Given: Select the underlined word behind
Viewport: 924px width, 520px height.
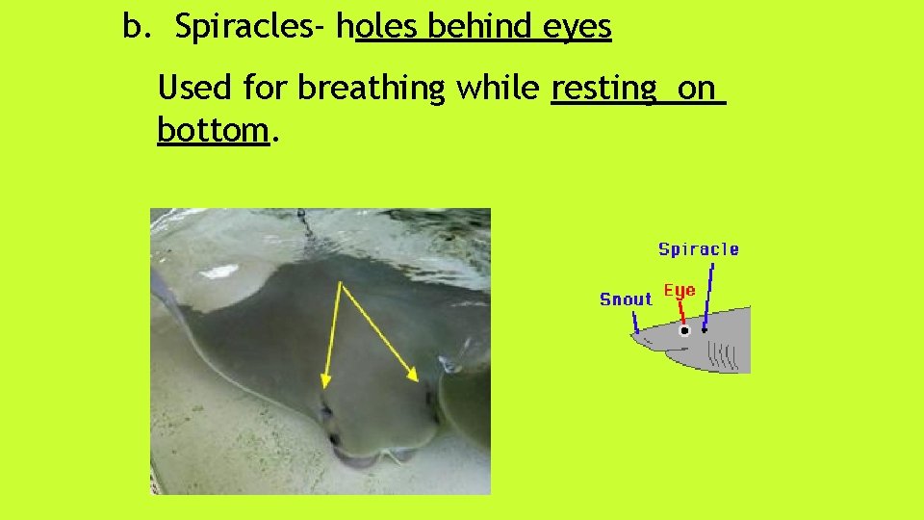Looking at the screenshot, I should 480,28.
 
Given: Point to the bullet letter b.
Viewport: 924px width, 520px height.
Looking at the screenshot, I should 136,28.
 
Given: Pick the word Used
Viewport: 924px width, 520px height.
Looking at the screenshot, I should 195,88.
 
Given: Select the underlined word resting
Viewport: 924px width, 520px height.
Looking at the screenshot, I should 603,89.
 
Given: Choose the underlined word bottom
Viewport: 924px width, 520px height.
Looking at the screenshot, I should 212,129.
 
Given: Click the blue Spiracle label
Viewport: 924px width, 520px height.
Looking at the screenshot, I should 699,249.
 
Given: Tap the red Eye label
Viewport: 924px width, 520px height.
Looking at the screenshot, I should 680,291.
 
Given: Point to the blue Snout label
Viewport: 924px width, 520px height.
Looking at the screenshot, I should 626,299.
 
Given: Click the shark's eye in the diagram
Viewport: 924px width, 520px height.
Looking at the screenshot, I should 684,330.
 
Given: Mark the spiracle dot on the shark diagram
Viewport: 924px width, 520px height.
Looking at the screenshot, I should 705,329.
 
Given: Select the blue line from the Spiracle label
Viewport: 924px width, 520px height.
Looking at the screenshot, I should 707,294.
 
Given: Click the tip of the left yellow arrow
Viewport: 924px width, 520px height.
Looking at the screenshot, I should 323,387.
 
